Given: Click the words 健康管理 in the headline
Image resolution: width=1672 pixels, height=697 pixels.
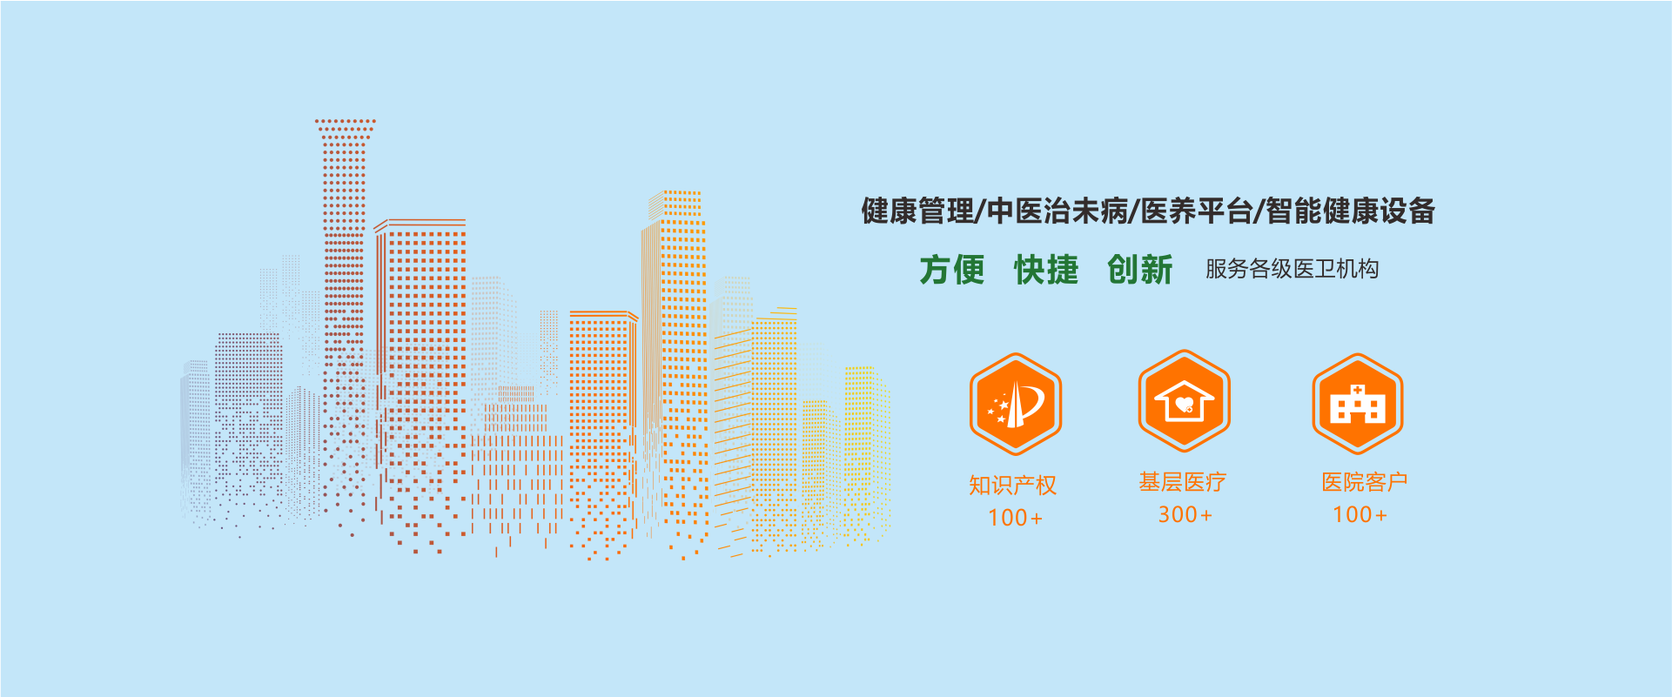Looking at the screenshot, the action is pos(917,211).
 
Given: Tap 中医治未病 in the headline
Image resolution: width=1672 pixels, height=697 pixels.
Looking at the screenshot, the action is pos(1057,211).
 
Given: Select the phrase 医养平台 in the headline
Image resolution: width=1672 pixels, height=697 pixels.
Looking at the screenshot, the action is pos(1196,211).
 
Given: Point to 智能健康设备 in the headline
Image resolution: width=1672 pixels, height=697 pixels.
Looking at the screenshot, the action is pos(1350,211).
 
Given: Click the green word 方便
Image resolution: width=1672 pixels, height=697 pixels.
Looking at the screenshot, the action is pos(952,270).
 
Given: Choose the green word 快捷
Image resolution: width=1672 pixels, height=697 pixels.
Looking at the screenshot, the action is pos(1046,270).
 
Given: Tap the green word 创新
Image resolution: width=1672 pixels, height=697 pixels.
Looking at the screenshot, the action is pos(1140,270).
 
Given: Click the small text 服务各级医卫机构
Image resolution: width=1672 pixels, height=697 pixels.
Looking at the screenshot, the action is pos(1292,269).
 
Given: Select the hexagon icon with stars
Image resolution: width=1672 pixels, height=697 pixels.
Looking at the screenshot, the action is pos(1015,404).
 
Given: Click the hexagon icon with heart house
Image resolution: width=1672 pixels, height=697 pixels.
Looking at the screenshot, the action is pos(1184,401).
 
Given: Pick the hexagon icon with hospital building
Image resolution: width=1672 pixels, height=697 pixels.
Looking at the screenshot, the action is pos(1358,404).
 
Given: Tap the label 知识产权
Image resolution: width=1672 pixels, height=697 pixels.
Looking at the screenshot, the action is pos(1013,485).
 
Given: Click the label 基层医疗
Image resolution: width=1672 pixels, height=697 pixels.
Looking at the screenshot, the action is pos(1183,482).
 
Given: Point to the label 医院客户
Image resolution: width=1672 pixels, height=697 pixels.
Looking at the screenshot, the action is pos(1365,482).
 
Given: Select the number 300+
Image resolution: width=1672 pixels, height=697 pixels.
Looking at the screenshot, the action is pos(1185,514).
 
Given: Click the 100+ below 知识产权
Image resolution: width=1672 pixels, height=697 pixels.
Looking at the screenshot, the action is pos(1015,518).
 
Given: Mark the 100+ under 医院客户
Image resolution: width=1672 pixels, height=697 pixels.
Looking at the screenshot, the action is pos(1360,514).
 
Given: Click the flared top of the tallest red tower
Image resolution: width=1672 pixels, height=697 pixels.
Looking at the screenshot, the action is pos(345,129).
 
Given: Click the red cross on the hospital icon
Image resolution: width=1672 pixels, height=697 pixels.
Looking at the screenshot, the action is pos(1358,389).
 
